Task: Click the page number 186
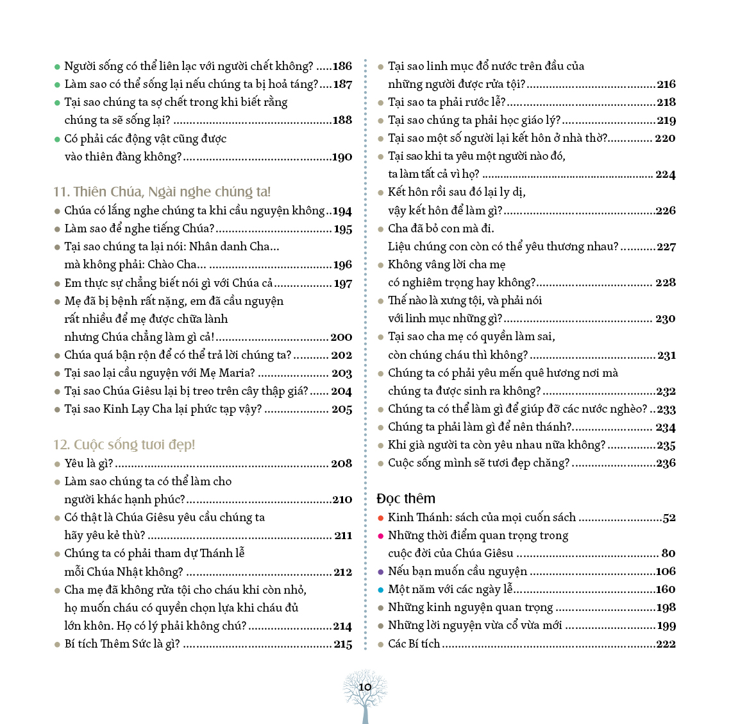click(342, 66)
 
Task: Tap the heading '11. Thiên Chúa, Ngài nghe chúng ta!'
click(162, 192)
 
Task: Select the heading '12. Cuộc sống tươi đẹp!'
click(124, 445)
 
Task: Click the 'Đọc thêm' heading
click(406, 499)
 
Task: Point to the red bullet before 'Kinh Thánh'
click(380, 518)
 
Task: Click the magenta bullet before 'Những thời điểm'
click(380, 536)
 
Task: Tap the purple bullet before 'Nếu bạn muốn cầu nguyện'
click(380, 572)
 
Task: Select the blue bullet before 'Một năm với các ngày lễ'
click(380, 590)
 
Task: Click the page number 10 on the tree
click(365, 687)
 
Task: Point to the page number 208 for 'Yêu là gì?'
click(342, 463)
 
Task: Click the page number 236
click(666, 463)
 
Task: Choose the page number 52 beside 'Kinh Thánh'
click(669, 518)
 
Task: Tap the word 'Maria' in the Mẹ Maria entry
click(238, 373)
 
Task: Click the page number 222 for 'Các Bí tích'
click(666, 644)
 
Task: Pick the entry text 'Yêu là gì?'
click(88, 463)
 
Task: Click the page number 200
click(341, 337)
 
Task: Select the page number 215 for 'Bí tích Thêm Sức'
click(342, 644)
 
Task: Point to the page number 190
click(342, 157)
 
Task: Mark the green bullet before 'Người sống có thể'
click(57, 67)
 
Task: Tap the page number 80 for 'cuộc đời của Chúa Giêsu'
click(668, 553)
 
